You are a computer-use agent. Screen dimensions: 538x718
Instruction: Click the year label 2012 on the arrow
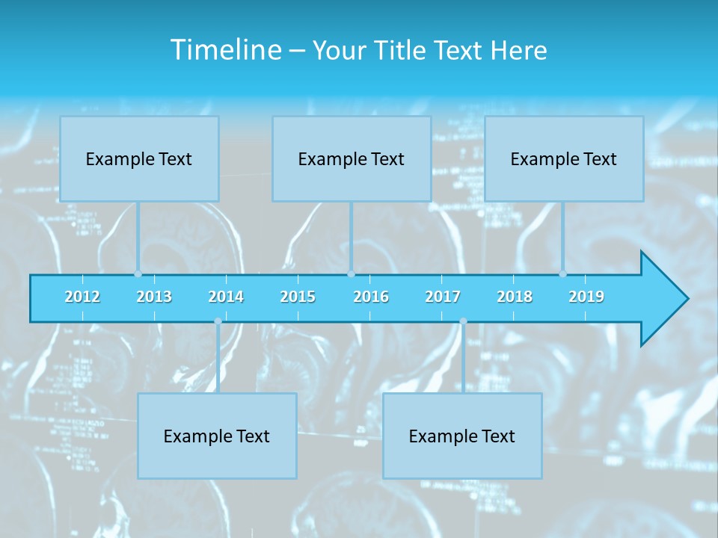pos(82,297)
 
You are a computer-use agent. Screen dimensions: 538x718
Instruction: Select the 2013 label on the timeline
pos(154,297)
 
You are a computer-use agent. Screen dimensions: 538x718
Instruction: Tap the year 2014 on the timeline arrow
pos(226,297)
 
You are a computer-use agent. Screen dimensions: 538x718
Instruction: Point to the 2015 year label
pos(298,297)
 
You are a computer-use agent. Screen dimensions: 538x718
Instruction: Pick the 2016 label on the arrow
pos(371,297)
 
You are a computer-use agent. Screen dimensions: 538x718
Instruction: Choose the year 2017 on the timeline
pos(443,297)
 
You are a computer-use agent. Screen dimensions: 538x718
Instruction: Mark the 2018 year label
pos(515,297)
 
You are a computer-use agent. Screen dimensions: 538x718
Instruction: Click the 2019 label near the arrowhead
pos(586,297)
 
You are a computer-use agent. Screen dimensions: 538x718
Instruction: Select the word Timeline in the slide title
pos(224,50)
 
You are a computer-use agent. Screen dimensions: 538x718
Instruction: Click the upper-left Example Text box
pos(139,158)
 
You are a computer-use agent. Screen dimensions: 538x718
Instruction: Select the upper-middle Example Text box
pos(352,158)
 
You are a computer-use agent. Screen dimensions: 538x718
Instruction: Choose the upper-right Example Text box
pos(564,158)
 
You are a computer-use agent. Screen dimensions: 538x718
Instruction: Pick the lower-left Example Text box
pos(217,436)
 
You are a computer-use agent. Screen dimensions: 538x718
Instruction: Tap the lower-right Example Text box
pos(462,436)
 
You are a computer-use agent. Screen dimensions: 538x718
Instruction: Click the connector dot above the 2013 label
pos(138,274)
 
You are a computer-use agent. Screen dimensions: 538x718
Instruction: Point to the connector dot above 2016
pos(351,274)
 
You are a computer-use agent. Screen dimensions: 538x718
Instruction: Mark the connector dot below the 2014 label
pos(218,321)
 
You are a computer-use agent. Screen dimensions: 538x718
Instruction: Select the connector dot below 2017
pos(463,321)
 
